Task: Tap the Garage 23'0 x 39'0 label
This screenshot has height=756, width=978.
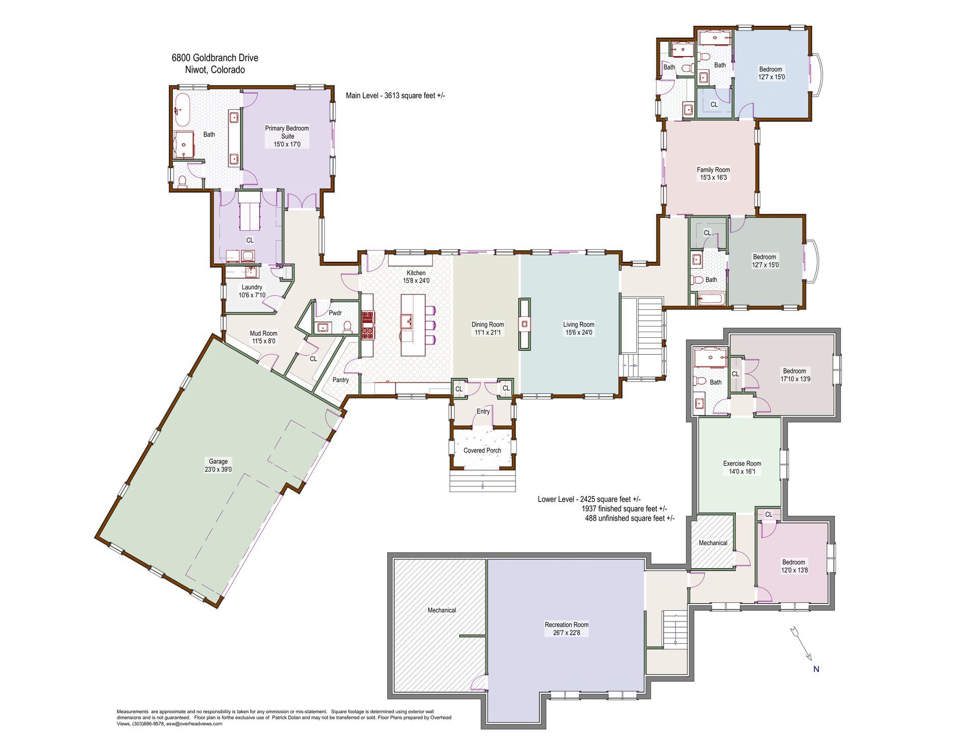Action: pos(219,465)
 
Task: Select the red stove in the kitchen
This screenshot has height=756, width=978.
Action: pos(368,325)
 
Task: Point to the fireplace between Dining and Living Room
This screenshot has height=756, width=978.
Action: pos(524,324)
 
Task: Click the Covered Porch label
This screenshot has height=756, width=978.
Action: pos(482,450)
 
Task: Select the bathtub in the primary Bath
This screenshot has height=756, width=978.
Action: pos(182,109)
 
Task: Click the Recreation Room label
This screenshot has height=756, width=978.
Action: pos(566,625)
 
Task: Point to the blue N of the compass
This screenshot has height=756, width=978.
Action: pos(816,669)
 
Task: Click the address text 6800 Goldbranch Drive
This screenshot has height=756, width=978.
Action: pos(215,58)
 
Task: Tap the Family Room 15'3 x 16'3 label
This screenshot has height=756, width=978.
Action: pos(713,174)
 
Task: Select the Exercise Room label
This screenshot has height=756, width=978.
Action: pos(742,464)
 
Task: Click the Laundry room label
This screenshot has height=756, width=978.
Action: pos(252,287)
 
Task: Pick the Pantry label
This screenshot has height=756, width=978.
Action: pos(341,380)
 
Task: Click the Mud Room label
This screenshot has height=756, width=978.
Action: pos(263,334)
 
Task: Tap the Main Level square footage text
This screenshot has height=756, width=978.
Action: pos(395,95)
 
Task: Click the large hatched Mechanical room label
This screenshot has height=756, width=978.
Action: pos(442,610)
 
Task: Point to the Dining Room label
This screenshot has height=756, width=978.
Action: pos(487,325)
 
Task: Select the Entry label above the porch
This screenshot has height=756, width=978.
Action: pos(483,412)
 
